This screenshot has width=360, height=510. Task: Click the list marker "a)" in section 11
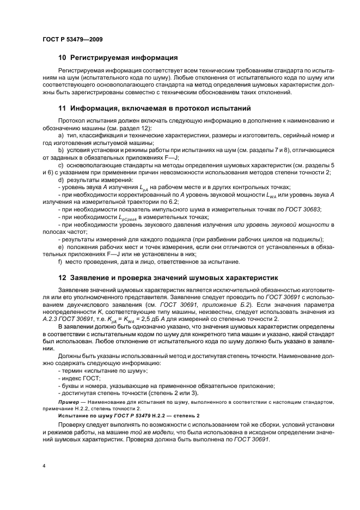pyautogui.click(x=60, y=135)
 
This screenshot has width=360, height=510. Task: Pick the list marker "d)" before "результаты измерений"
pyautogui.click(x=60, y=180)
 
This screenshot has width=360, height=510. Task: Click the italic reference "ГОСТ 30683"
pyautogui.click(x=306, y=209)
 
